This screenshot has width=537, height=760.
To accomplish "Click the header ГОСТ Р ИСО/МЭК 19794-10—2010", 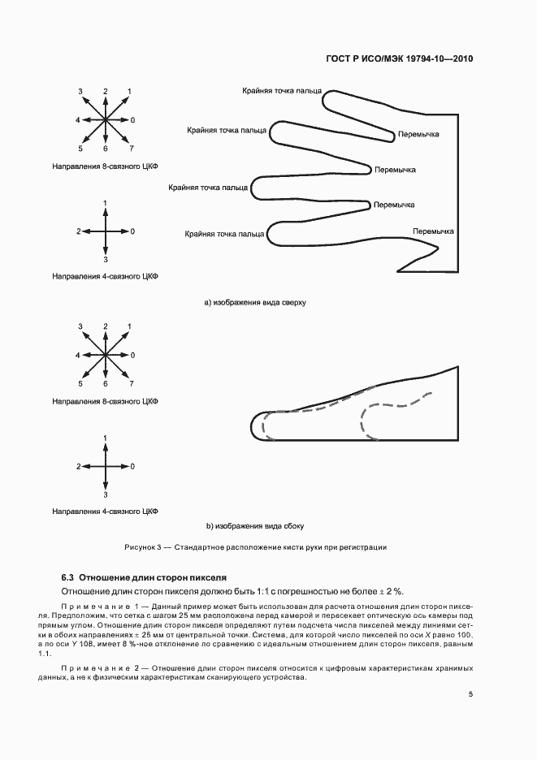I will tap(401, 59).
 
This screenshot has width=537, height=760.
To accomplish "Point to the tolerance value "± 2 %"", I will tap(391, 590).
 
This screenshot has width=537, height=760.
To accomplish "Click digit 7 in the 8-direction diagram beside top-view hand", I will tap(131, 149).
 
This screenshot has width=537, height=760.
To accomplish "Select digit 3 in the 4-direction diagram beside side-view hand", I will tap(106, 494).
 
